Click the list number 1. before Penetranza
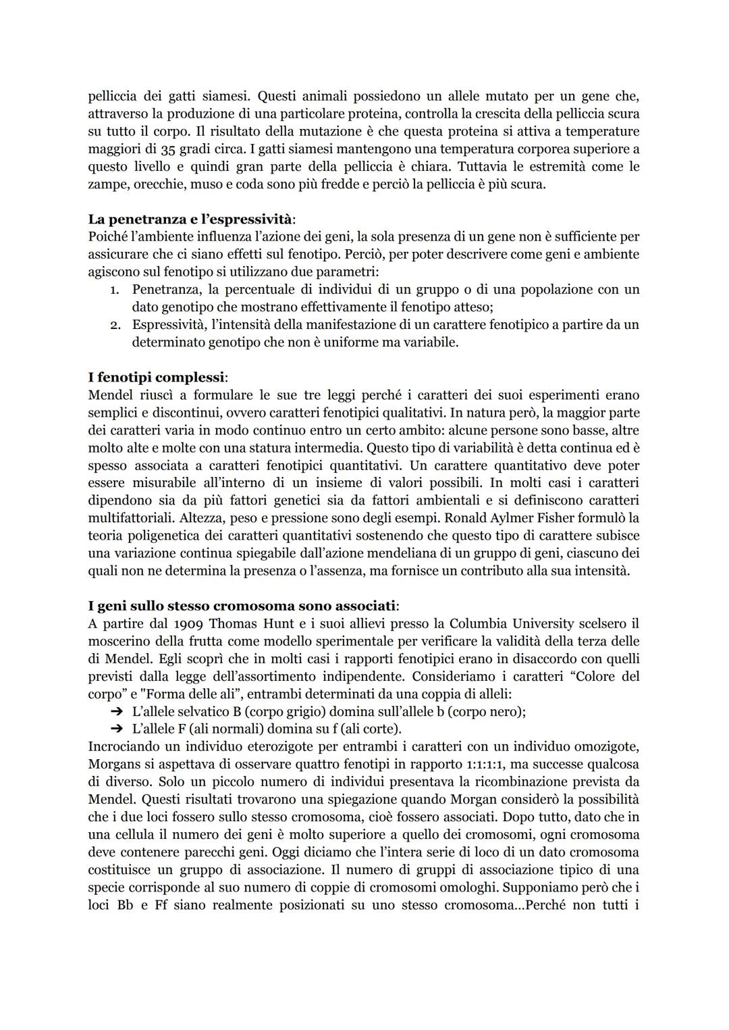[115, 290]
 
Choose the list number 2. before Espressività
[115, 325]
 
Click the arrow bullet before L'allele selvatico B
[117, 711]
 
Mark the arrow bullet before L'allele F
[117, 729]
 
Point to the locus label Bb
[126, 904]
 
